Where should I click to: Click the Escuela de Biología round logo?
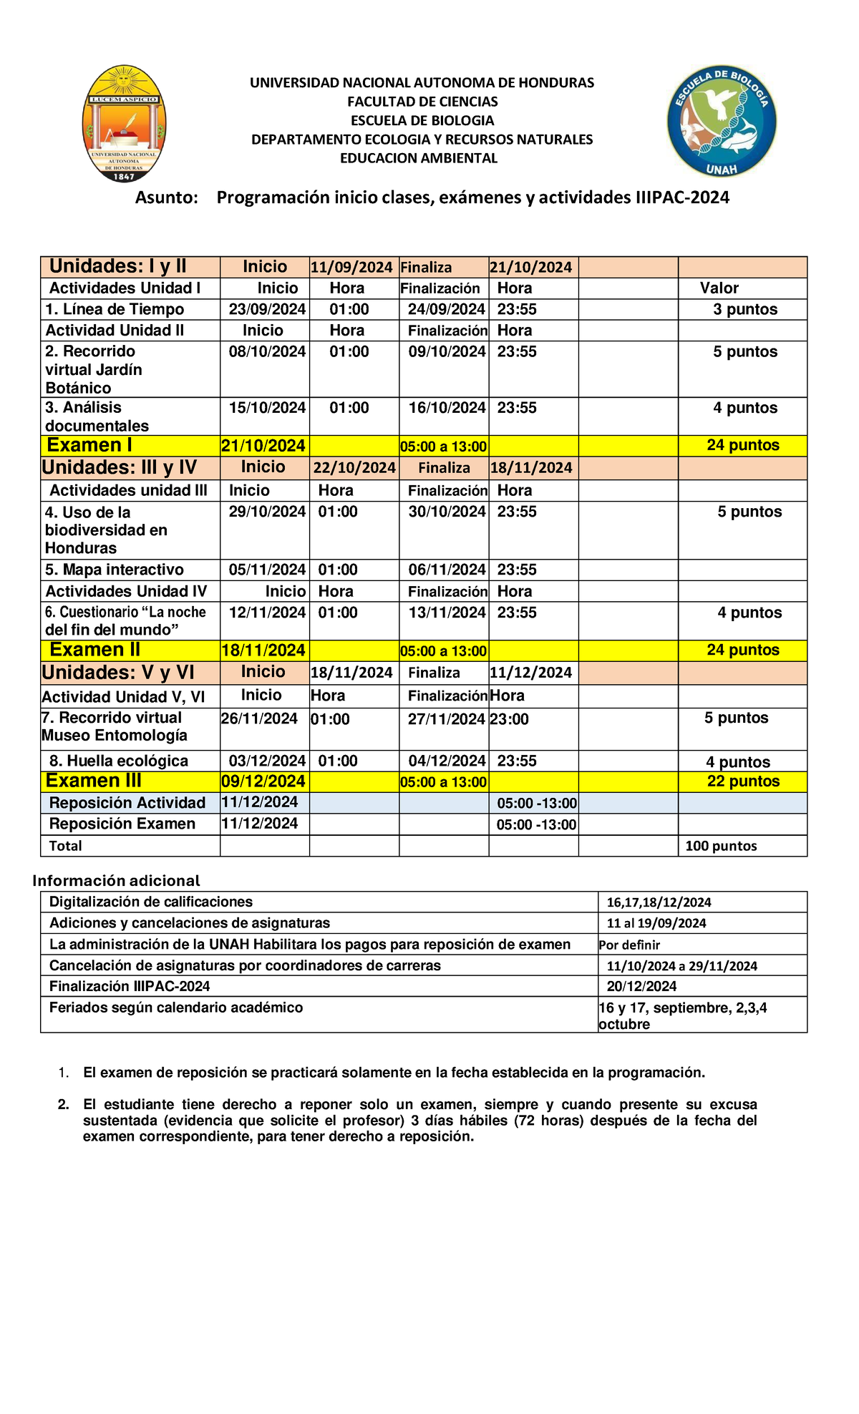click(721, 122)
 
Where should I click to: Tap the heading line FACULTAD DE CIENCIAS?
click(422, 102)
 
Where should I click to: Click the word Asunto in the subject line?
click(166, 198)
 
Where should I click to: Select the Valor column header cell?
click(719, 288)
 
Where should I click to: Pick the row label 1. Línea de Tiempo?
click(115, 310)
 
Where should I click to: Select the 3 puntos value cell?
click(744, 310)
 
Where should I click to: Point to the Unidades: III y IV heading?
click(120, 468)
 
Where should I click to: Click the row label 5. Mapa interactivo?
click(115, 570)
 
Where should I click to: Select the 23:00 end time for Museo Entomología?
click(509, 720)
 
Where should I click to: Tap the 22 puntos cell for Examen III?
click(743, 781)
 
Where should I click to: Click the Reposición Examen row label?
click(122, 824)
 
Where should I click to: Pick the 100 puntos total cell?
click(721, 847)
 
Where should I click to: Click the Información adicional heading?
click(116, 881)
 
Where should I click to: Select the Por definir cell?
click(629, 945)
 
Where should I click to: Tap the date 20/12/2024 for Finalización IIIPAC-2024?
click(641, 987)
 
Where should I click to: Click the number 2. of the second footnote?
click(64, 1105)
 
